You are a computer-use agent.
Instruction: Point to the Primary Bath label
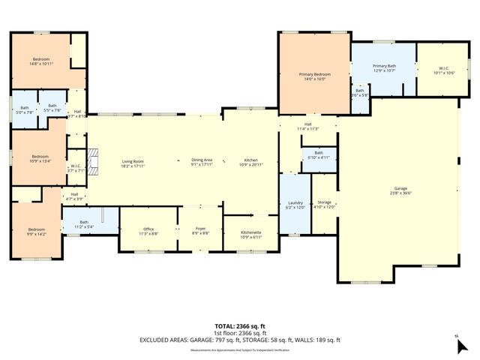point(384,67)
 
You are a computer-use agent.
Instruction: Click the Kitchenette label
point(250,232)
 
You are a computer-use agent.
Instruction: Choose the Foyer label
point(200,230)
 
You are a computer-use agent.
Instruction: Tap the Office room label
point(148,230)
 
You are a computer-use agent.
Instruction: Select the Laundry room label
point(295,202)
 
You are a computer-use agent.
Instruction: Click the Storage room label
point(324,202)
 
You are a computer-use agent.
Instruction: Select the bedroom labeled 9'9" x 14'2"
point(36,229)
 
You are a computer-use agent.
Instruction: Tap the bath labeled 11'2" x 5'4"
point(84,222)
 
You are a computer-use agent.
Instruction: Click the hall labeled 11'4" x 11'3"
point(307,125)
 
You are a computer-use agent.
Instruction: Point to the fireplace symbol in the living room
point(93,160)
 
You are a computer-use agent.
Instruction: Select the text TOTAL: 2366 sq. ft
point(239,326)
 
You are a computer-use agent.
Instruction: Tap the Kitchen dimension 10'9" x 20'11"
point(250,165)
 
